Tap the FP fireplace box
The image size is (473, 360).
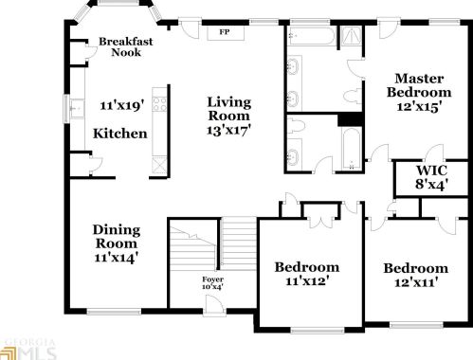225,32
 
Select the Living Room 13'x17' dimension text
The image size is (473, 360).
229,122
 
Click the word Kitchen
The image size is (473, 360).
119,134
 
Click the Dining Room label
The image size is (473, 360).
117,236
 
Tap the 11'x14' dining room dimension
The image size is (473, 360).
118,258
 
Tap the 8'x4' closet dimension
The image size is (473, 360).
431,185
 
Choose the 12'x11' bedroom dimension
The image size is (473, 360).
416,283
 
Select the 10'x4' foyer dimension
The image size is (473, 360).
213,289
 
